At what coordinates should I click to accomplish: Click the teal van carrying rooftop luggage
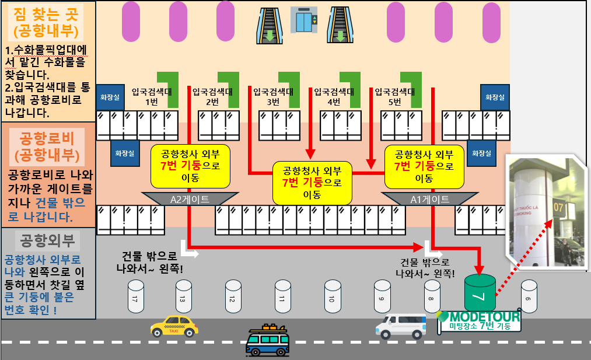click(x=267, y=341)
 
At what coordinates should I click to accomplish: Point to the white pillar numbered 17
click(x=135, y=296)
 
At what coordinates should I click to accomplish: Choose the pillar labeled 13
click(x=183, y=296)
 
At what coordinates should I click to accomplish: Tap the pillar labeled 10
click(x=333, y=296)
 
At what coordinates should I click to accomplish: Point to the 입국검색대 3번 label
click(x=273, y=96)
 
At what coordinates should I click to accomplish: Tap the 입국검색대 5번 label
click(x=394, y=96)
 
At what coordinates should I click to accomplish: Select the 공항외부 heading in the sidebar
click(x=48, y=240)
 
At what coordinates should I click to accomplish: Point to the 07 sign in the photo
click(x=559, y=207)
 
